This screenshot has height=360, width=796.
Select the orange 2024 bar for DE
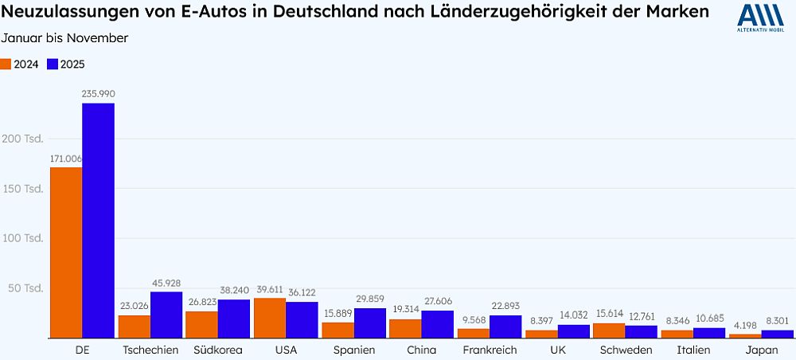[66, 252]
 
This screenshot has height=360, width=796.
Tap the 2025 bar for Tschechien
[166, 315]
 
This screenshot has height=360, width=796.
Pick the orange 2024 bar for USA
[270, 318]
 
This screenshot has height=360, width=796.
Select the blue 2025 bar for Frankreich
[505, 327]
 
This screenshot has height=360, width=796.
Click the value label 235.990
[98, 94]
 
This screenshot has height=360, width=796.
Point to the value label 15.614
[609, 315]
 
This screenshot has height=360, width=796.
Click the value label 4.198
[744, 325]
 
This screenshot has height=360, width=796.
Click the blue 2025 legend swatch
[53, 64]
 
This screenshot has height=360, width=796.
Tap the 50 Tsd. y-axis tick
[22, 288]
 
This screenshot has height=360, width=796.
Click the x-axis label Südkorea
[217, 350]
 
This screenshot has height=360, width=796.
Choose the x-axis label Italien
[693, 350]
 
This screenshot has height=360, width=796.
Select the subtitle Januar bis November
[64, 38]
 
